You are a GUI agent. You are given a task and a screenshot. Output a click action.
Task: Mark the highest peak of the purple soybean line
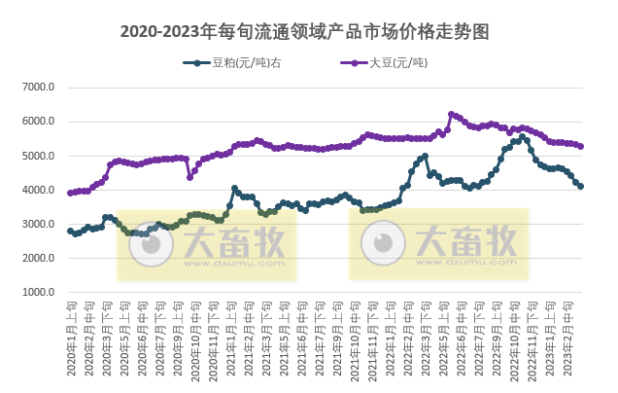[451, 114]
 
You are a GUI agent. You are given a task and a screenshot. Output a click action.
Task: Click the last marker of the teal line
[581, 186]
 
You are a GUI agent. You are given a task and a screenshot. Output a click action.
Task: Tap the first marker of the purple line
[70, 193]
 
